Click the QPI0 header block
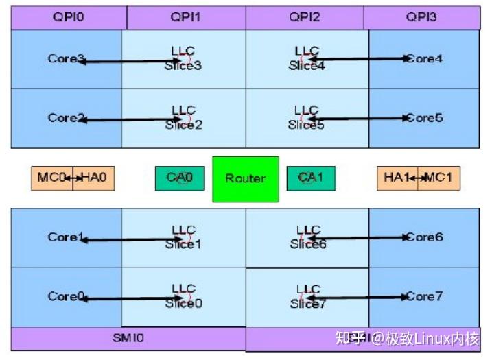click(x=69, y=18)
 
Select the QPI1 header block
click(x=185, y=18)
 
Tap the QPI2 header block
click(x=304, y=18)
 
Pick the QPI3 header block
click(x=421, y=18)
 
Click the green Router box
click(x=246, y=179)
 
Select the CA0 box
click(x=180, y=178)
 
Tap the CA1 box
click(x=311, y=178)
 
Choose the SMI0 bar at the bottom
click(x=128, y=338)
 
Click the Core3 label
click(x=63, y=59)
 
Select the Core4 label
click(x=425, y=59)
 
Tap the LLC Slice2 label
click(x=183, y=117)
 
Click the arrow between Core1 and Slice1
click(x=130, y=240)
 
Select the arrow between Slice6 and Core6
click(x=357, y=238)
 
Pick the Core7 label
click(x=425, y=297)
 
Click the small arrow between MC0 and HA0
click(x=73, y=178)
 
